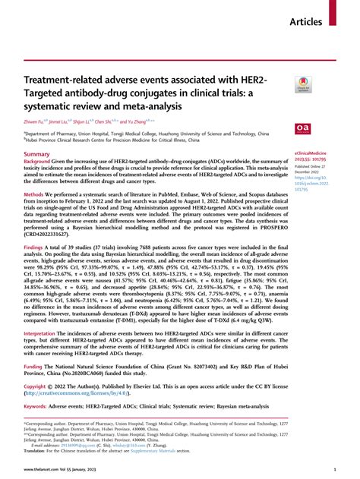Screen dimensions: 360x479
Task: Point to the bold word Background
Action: tap(40, 163)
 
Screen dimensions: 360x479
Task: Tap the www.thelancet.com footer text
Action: tap(42, 470)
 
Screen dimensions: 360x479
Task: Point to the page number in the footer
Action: tap(335, 470)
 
